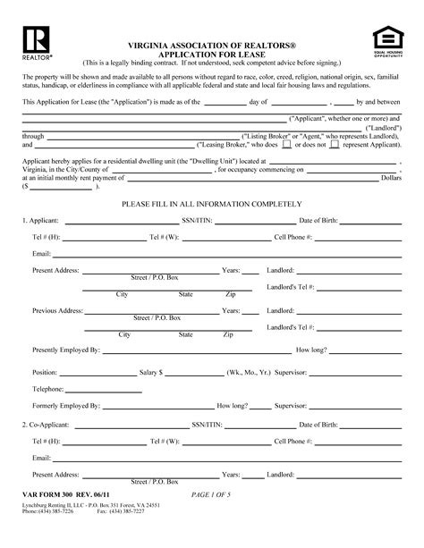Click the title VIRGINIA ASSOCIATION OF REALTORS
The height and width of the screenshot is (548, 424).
tap(212, 44)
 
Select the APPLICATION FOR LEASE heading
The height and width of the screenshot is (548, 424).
tap(212, 54)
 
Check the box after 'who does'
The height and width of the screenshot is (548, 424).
tap(287, 143)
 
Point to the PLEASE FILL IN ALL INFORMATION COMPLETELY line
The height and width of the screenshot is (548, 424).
tap(211, 203)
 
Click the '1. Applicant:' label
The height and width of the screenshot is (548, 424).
tap(41, 219)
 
